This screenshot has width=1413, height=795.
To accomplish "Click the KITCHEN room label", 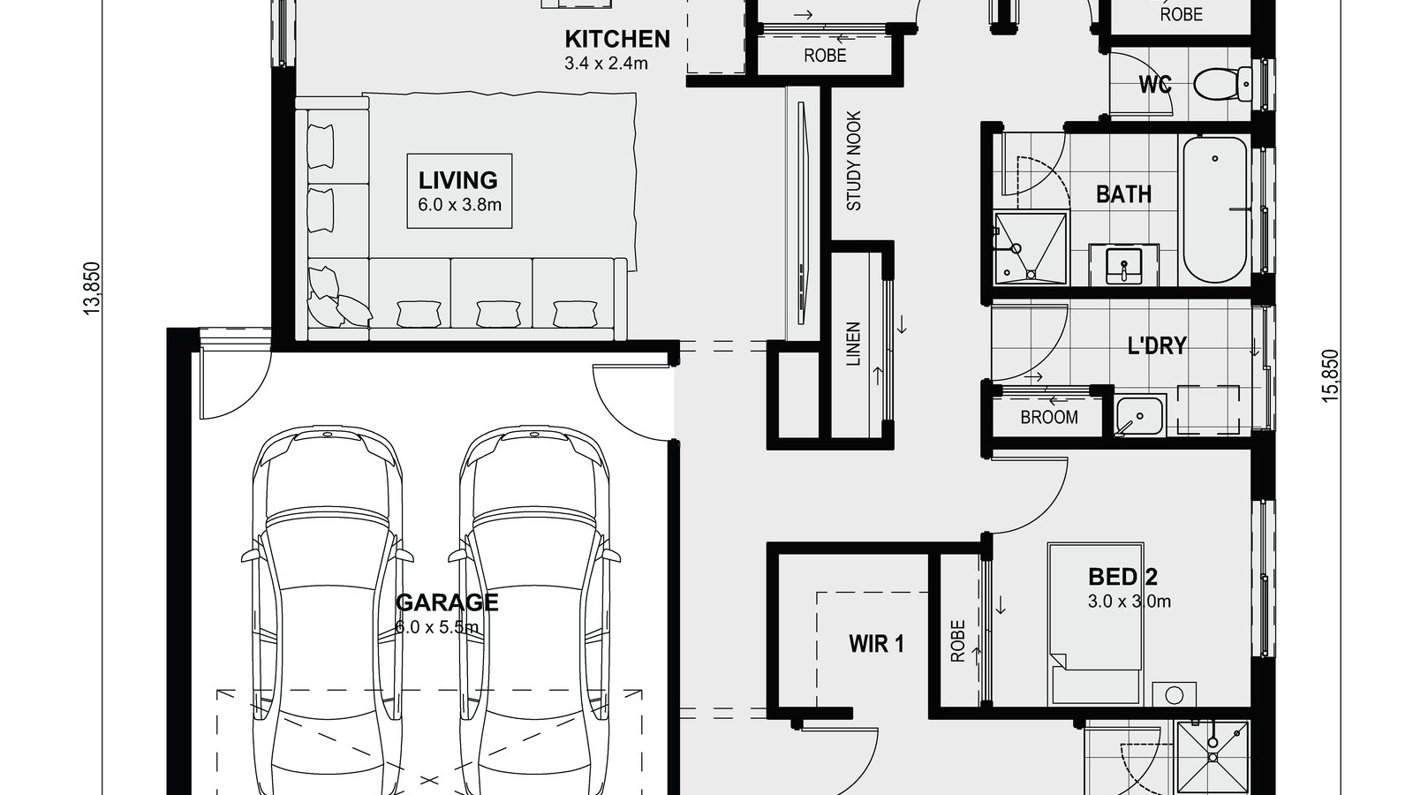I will [x=617, y=39].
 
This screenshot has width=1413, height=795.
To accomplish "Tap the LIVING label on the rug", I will [x=457, y=180].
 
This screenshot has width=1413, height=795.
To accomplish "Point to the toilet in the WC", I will [x=1222, y=85].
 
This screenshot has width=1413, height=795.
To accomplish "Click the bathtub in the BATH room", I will [x=1214, y=208].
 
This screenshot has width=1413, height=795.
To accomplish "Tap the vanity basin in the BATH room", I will [x=1123, y=265].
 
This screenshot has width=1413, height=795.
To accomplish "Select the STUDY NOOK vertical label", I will [x=854, y=161].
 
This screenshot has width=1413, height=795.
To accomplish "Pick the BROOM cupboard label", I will [x=1049, y=417].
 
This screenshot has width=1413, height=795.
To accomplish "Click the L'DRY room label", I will [x=1156, y=345].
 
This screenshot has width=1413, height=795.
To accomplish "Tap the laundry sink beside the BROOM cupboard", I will [x=1139, y=415].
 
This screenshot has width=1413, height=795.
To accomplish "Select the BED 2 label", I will [x=1122, y=578].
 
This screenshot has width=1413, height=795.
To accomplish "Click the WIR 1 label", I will [x=876, y=643].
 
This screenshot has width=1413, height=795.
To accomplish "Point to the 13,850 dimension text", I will [x=93, y=288].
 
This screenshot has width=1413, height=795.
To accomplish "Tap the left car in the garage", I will [x=327, y=609].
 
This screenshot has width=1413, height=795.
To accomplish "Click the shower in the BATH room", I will [x=1030, y=248].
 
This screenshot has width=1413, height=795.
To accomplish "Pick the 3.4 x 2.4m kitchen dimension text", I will [x=606, y=63].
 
